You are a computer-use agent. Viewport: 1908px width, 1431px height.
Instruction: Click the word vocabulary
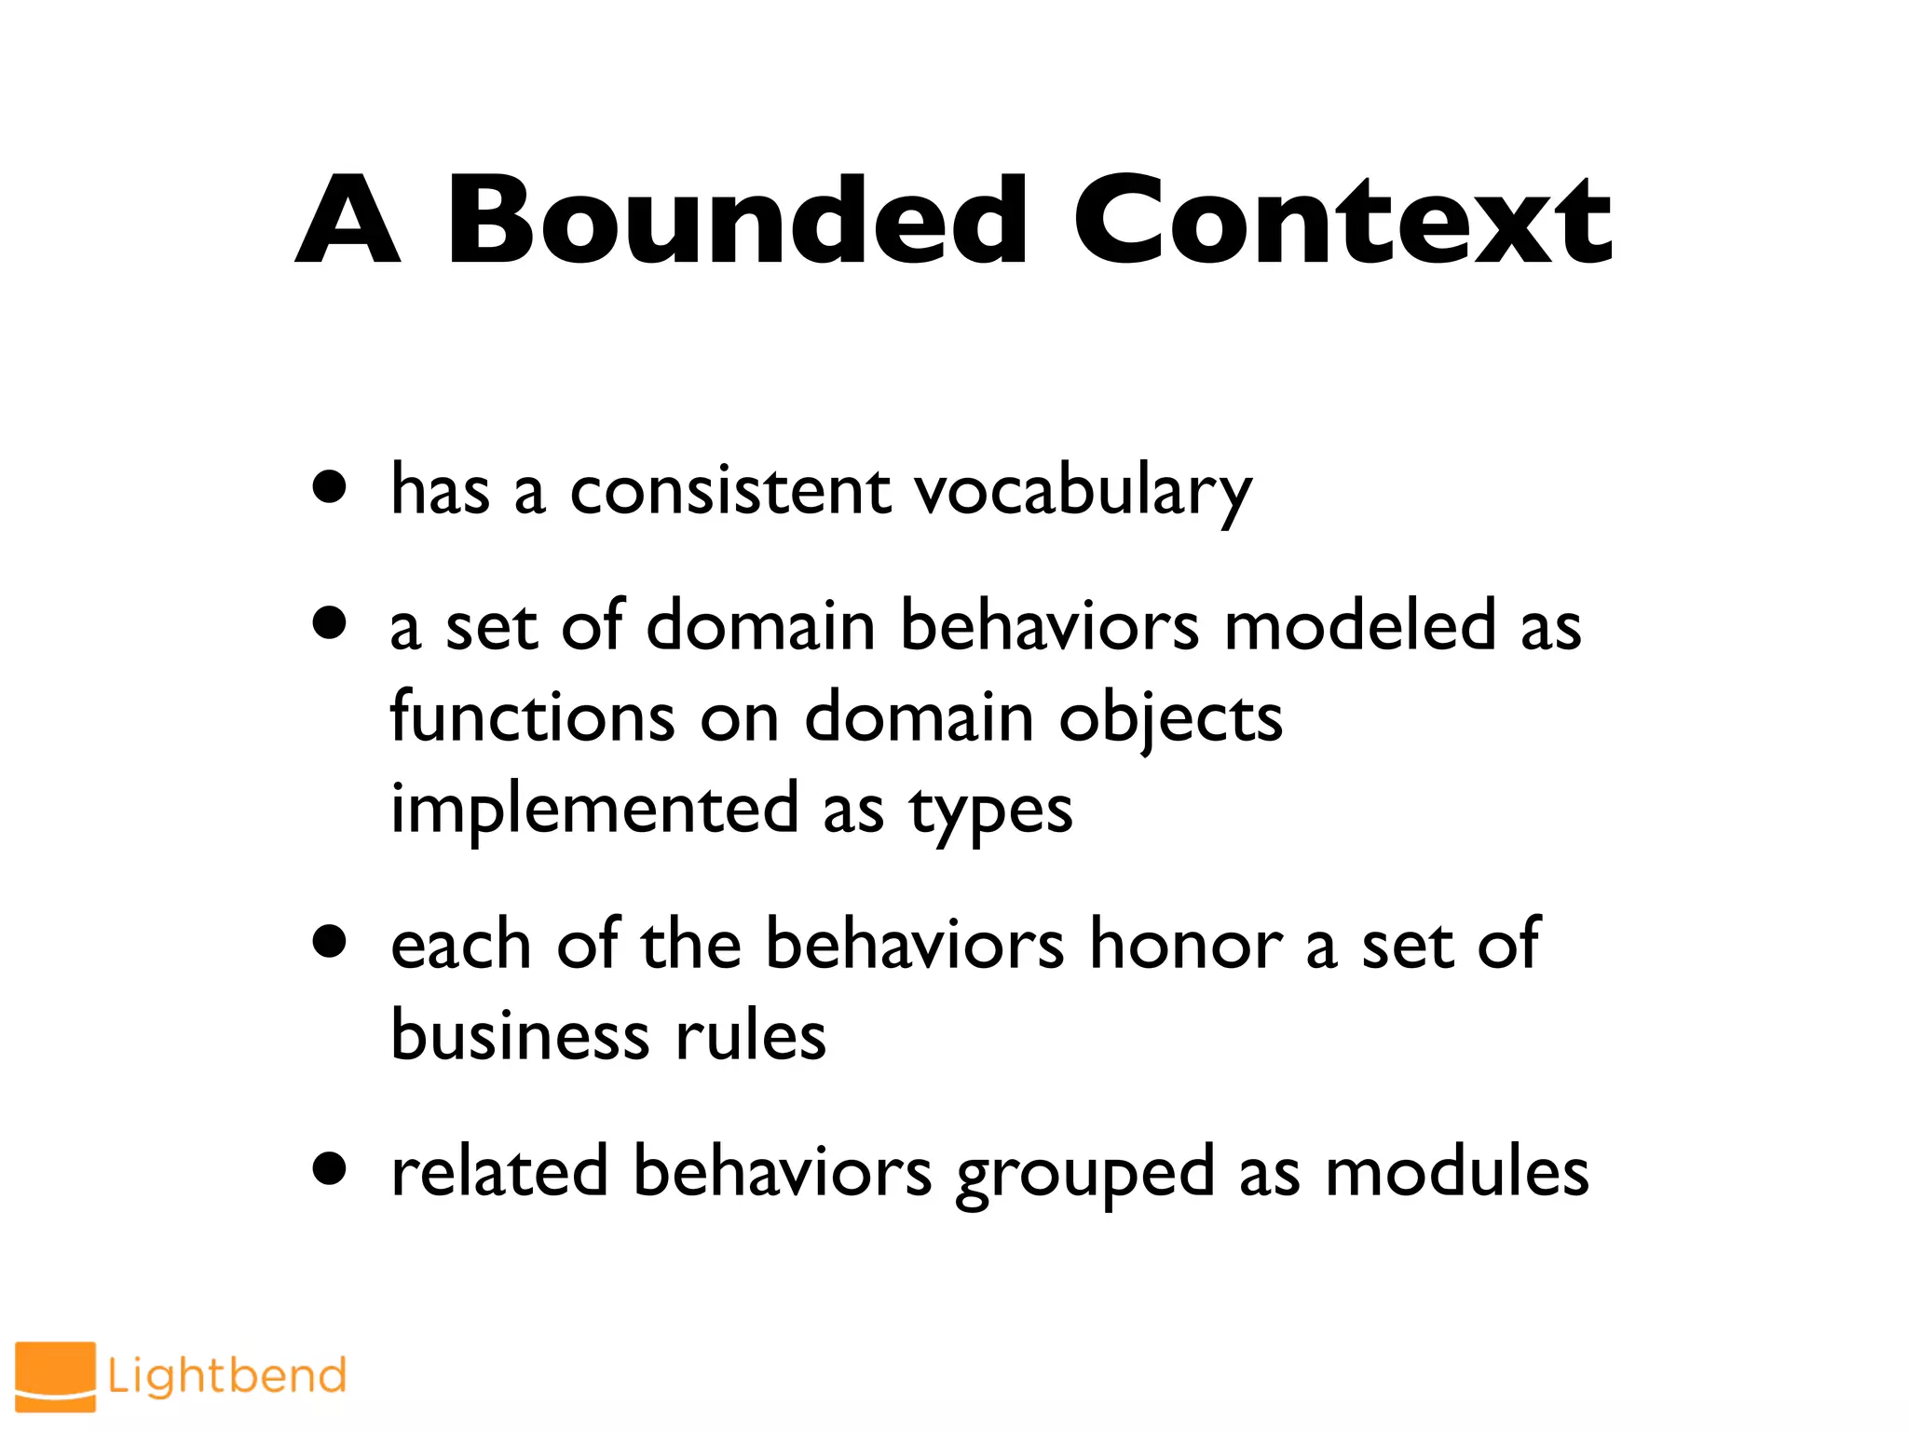click(x=1083, y=491)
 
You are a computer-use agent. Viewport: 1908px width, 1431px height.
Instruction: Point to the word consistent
click(x=729, y=491)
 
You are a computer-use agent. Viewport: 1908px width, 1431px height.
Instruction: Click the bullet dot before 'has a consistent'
click(x=330, y=486)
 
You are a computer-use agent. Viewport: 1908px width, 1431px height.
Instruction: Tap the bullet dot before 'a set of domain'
click(x=330, y=622)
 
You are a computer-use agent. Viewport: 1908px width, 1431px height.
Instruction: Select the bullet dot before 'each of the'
click(x=330, y=941)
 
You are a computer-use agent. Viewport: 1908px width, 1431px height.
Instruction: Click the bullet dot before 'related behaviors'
click(x=330, y=1168)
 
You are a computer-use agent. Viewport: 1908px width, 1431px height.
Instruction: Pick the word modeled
click(x=1359, y=625)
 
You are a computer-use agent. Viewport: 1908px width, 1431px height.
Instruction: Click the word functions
click(x=532, y=717)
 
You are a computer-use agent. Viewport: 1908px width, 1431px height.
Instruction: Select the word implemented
click(x=594, y=809)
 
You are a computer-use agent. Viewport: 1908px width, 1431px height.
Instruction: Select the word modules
click(x=1456, y=1171)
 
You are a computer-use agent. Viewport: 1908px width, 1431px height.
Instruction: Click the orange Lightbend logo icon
click(x=55, y=1376)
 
